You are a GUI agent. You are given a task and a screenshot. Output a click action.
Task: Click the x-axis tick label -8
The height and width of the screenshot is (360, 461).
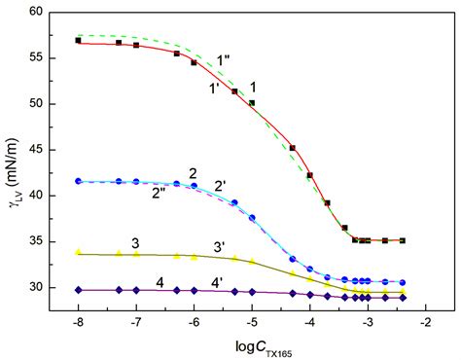point(78,319)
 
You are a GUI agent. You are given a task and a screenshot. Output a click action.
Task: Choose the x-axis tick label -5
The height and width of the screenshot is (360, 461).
point(251,319)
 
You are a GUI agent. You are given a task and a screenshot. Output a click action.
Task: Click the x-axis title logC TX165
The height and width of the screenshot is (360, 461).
point(251,343)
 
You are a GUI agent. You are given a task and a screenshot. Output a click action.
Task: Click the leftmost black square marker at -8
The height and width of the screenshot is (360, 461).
point(78,41)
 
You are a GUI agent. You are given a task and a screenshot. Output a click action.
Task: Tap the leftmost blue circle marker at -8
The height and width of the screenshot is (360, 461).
point(78,181)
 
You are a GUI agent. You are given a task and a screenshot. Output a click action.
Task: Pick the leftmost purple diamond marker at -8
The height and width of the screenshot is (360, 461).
point(78,289)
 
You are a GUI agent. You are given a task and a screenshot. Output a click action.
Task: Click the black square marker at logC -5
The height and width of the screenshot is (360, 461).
point(252,103)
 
